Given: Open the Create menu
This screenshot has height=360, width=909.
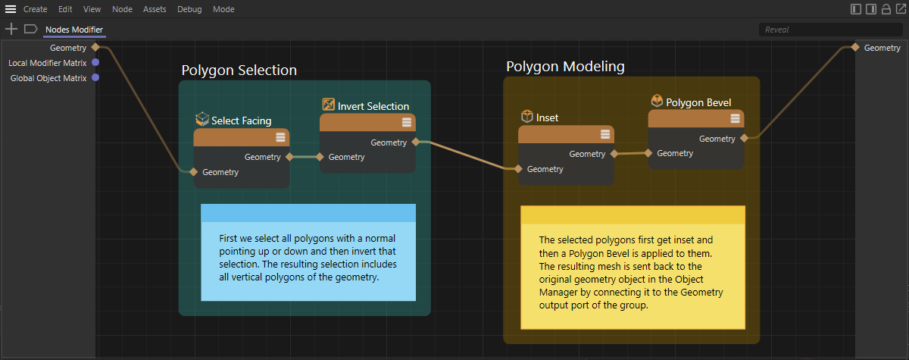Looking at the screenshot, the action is tap(35, 9).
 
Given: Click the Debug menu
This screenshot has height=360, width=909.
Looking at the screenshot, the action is tap(189, 9).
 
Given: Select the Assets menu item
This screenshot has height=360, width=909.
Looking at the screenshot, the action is tap(155, 9).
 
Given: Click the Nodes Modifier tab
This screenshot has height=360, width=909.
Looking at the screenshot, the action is tap(74, 30).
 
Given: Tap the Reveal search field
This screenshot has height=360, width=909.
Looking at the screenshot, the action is tap(830, 30).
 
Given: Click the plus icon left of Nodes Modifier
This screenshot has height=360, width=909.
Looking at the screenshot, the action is tap(11, 29).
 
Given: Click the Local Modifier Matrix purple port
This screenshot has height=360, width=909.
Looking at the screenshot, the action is tap(95, 62).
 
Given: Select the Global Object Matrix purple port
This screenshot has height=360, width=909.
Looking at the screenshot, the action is tap(95, 77).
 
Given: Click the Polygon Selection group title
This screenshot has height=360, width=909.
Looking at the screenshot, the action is tap(239, 70).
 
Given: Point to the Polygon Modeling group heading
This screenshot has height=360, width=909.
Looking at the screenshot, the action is tap(565, 67).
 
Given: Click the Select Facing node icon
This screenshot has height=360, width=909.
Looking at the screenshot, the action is tap(202, 119).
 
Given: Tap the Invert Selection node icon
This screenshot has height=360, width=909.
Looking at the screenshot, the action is tap(328, 105).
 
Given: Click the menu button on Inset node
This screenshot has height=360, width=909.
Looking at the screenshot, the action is tap(605, 134).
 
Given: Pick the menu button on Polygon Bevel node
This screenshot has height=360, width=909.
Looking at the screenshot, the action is tap(735, 118).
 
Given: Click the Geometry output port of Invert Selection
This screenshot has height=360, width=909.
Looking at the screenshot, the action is tap(416, 142).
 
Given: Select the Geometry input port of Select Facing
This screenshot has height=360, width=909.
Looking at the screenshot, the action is tap(194, 172).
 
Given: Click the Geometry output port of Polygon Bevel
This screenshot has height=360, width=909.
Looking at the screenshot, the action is tap(744, 138).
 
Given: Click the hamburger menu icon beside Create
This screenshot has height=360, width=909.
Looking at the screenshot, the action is tap(11, 9).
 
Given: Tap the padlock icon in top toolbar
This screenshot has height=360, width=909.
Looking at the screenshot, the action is tap(886, 9).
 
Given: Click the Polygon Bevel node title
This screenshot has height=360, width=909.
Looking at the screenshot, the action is tap(698, 102).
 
